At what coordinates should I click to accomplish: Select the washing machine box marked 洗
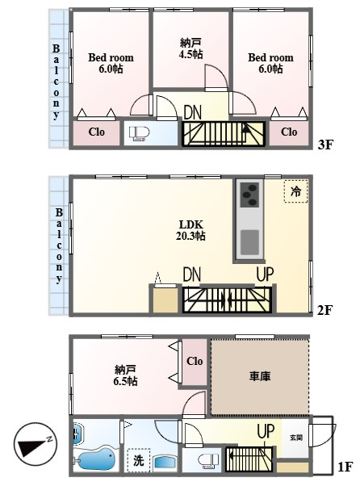(x=138, y=460)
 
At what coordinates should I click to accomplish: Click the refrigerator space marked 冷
(x=295, y=191)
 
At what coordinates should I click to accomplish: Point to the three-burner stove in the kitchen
(x=249, y=195)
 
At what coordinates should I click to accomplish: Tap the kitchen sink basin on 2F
(x=249, y=242)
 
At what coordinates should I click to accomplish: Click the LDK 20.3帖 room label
(x=190, y=230)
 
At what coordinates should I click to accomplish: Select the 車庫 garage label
(x=260, y=376)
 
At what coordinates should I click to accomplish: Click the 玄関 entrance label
(x=296, y=437)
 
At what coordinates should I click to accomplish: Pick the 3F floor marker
(x=325, y=144)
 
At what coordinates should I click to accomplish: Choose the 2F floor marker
(x=325, y=310)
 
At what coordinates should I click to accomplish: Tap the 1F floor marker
(x=345, y=467)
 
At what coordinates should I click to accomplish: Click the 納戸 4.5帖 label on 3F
(x=190, y=48)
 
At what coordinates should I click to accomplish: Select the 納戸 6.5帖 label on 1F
(x=125, y=375)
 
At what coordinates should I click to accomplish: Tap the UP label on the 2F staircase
(x=265, y=275)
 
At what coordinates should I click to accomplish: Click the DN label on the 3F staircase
(x=192, y=112)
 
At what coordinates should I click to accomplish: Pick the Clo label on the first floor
(x=195, y=361)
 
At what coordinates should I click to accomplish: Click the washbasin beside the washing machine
(x=165, y=462)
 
